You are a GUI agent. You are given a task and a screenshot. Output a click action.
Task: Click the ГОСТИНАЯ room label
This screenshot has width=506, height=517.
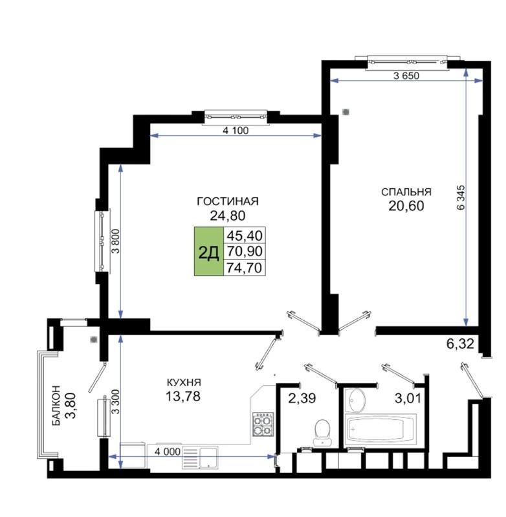point(228,200)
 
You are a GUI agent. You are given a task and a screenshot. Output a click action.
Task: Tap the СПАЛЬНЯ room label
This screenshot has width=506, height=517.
point(406,192)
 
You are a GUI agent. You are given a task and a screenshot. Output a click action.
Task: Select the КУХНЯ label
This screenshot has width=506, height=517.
point(182,382)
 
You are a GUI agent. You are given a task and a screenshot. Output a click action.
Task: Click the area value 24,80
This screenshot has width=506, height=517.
point(228,215)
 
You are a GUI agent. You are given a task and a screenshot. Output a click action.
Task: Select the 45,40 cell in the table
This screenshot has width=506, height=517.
point(245,236)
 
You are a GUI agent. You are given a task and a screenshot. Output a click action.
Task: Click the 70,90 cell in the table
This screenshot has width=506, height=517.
point(245,251)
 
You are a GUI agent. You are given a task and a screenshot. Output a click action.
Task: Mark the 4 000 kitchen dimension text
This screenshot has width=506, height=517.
point(167,452)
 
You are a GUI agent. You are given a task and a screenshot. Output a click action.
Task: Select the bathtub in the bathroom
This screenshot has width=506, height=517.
point(384,429)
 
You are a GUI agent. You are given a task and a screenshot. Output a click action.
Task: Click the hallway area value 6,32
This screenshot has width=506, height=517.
point(460,344)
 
